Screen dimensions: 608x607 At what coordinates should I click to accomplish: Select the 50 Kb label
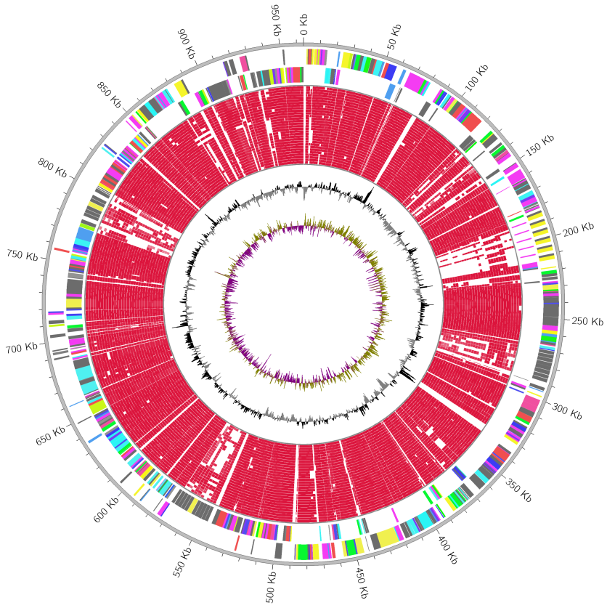[x=392, y=37]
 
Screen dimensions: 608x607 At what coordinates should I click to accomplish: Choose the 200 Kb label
[x=578, y=230]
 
